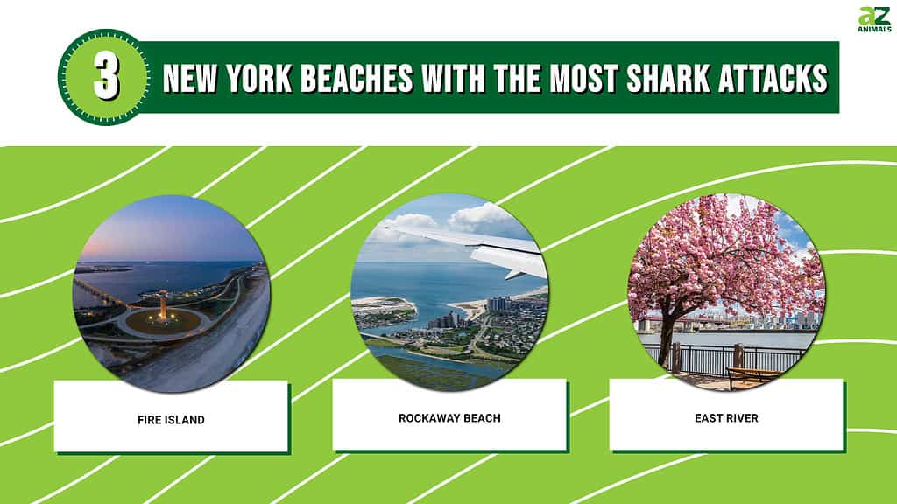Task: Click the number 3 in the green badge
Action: (x=106, y=77)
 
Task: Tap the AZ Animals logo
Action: (x=874, y=19)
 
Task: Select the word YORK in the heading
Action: (x=259, y=78)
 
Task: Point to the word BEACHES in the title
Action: (x=357, y=78)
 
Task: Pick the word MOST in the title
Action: (x=584, y=78)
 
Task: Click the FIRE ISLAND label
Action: (x=171, y=420)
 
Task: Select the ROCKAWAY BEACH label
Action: (x=449, y=418)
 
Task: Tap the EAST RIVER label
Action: (x=726, y=418)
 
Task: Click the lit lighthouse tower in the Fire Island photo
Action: (x=164, y=306)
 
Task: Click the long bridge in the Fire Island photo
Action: (x=100, y=291)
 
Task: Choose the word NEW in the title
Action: (x=190, y=78)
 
